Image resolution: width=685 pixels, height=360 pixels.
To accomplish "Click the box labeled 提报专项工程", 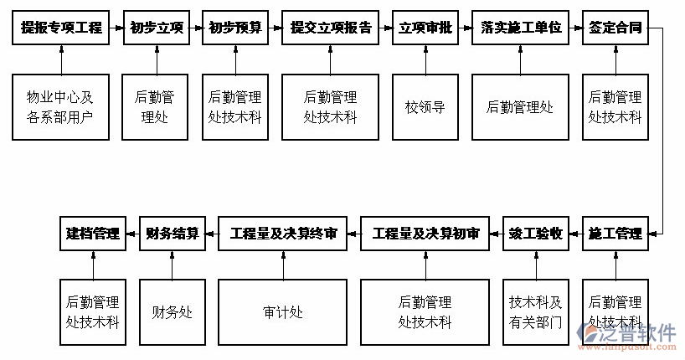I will click(x=61, y=28).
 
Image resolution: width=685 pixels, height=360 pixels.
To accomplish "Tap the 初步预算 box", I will click(x=234, y=28).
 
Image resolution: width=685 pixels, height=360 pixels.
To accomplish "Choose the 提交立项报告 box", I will click(x=331, y=28).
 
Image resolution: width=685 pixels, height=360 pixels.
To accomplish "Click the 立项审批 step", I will click(x=425, y=28).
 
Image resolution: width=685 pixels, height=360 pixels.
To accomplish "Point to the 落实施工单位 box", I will click(x=520, y=28).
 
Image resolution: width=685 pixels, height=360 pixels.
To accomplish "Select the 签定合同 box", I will click(x=615, y=28).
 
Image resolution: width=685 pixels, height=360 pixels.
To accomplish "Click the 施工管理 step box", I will click(x=615, y=234).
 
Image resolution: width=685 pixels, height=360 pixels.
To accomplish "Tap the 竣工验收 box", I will click(x=536, y=234).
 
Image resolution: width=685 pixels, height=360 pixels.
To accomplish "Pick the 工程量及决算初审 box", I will click(x=425, y=234).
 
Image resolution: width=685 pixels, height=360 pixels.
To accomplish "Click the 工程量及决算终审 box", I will click(x=283, y=234).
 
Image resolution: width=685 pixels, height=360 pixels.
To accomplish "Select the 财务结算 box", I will click(x=173, y=234).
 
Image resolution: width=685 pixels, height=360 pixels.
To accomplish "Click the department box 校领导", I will click(x=425, y=107).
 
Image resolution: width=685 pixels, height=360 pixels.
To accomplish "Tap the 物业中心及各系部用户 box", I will click(x=61, y=107).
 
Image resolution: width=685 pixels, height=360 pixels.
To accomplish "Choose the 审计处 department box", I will click(x=283, y=312).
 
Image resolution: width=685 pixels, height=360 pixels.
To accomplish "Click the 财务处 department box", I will click(x=173, y=312).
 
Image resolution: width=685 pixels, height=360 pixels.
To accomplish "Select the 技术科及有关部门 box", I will click(x=536, y=312).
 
